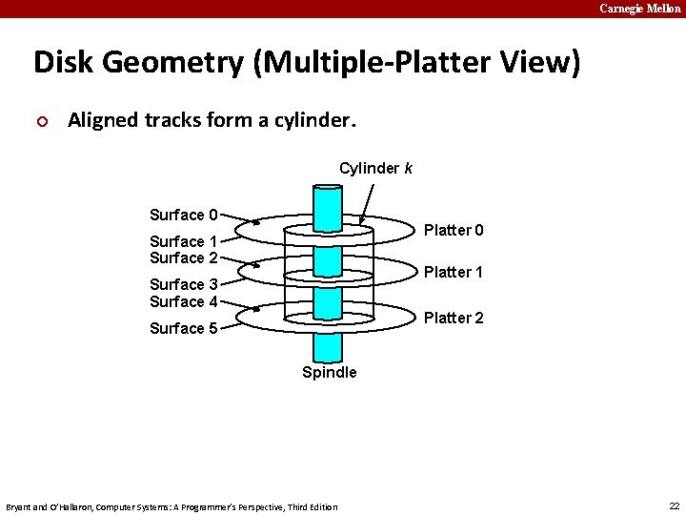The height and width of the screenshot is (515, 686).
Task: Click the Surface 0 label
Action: tap(184, 215)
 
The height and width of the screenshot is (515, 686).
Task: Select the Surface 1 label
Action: tap(184, 241)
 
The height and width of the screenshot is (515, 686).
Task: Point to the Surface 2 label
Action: tap(184, 257)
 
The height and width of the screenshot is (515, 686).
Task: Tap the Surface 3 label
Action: tap(184, 284)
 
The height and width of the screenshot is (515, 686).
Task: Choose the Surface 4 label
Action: tap(184, 301)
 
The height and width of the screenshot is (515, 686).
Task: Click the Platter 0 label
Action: tap(454, 230)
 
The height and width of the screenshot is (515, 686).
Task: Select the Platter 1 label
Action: tap(454, 273)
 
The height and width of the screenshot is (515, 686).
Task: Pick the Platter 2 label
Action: tap(454, 318)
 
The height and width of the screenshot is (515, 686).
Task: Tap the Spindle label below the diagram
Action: tap(330, 372)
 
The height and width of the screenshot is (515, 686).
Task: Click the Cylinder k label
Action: tap(375, 169)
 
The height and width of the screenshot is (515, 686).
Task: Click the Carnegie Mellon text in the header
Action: tap(640, 9)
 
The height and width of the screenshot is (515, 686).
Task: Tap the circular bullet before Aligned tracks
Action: tap(40, 121)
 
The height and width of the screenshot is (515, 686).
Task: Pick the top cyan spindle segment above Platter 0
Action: tap(328, 204)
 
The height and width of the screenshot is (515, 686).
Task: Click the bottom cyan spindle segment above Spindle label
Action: tap(328, 344)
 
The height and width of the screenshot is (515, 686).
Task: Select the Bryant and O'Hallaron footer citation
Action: tap(171, 506)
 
